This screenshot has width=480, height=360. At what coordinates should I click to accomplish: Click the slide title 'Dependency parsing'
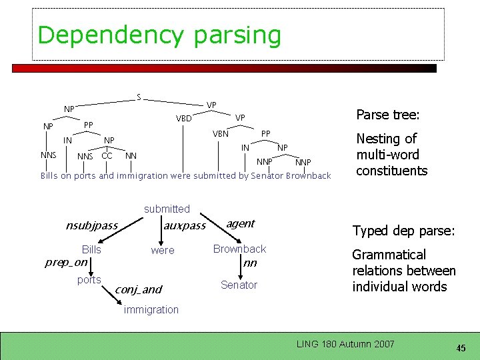[159, 35]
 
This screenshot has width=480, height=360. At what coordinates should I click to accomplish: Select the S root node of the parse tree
[138, 97]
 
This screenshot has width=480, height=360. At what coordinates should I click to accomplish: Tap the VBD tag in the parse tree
[184, 119]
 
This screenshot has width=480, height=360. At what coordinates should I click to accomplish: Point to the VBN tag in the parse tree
[221, 134]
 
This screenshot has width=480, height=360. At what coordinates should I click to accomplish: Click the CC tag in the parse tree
[107, 156]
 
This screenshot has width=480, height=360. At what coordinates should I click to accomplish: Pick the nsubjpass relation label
[91, 225]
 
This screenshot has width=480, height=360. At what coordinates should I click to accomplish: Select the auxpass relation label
[185, 226]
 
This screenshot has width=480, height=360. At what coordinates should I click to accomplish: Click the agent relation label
[240, 224]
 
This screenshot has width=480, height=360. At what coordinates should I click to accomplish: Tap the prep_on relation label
[66, 262]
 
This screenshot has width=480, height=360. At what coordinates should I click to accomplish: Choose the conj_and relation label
[138, 289]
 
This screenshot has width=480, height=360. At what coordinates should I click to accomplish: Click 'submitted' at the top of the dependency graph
[167, 209]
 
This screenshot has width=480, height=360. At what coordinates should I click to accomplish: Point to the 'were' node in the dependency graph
[162, 251]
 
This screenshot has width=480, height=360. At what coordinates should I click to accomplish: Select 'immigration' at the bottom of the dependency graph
[151, 309]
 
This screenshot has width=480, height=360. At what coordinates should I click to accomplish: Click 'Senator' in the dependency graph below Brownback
[239, 285]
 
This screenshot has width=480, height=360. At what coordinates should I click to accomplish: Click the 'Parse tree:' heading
[388, 115]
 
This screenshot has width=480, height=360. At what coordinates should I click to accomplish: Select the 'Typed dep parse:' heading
[403, 231]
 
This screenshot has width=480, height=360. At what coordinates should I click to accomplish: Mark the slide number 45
[460, 348]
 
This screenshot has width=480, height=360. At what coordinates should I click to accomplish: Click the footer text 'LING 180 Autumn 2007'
[345, 344]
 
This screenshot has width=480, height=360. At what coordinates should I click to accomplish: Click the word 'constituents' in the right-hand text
[391, 171]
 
